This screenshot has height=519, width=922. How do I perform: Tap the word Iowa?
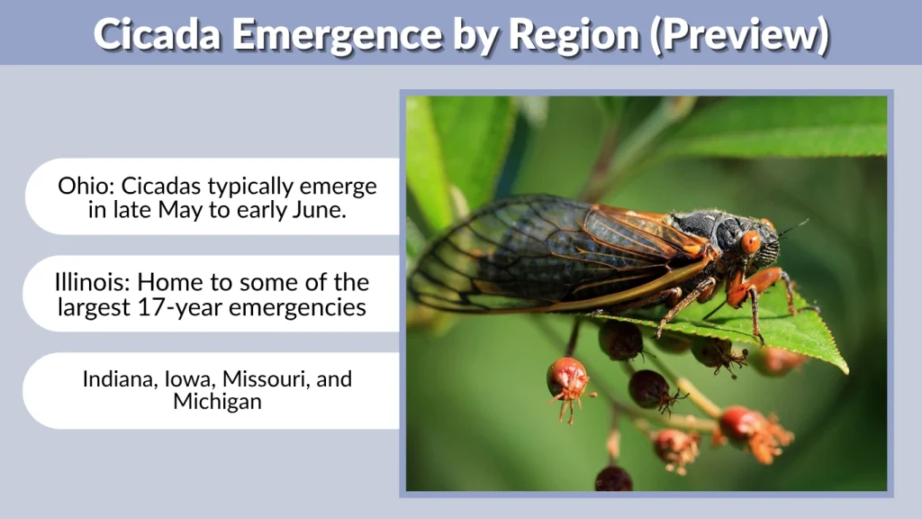183,379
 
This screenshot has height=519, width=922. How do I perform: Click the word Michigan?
217,402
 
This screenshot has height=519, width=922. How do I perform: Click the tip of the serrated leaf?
844,369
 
